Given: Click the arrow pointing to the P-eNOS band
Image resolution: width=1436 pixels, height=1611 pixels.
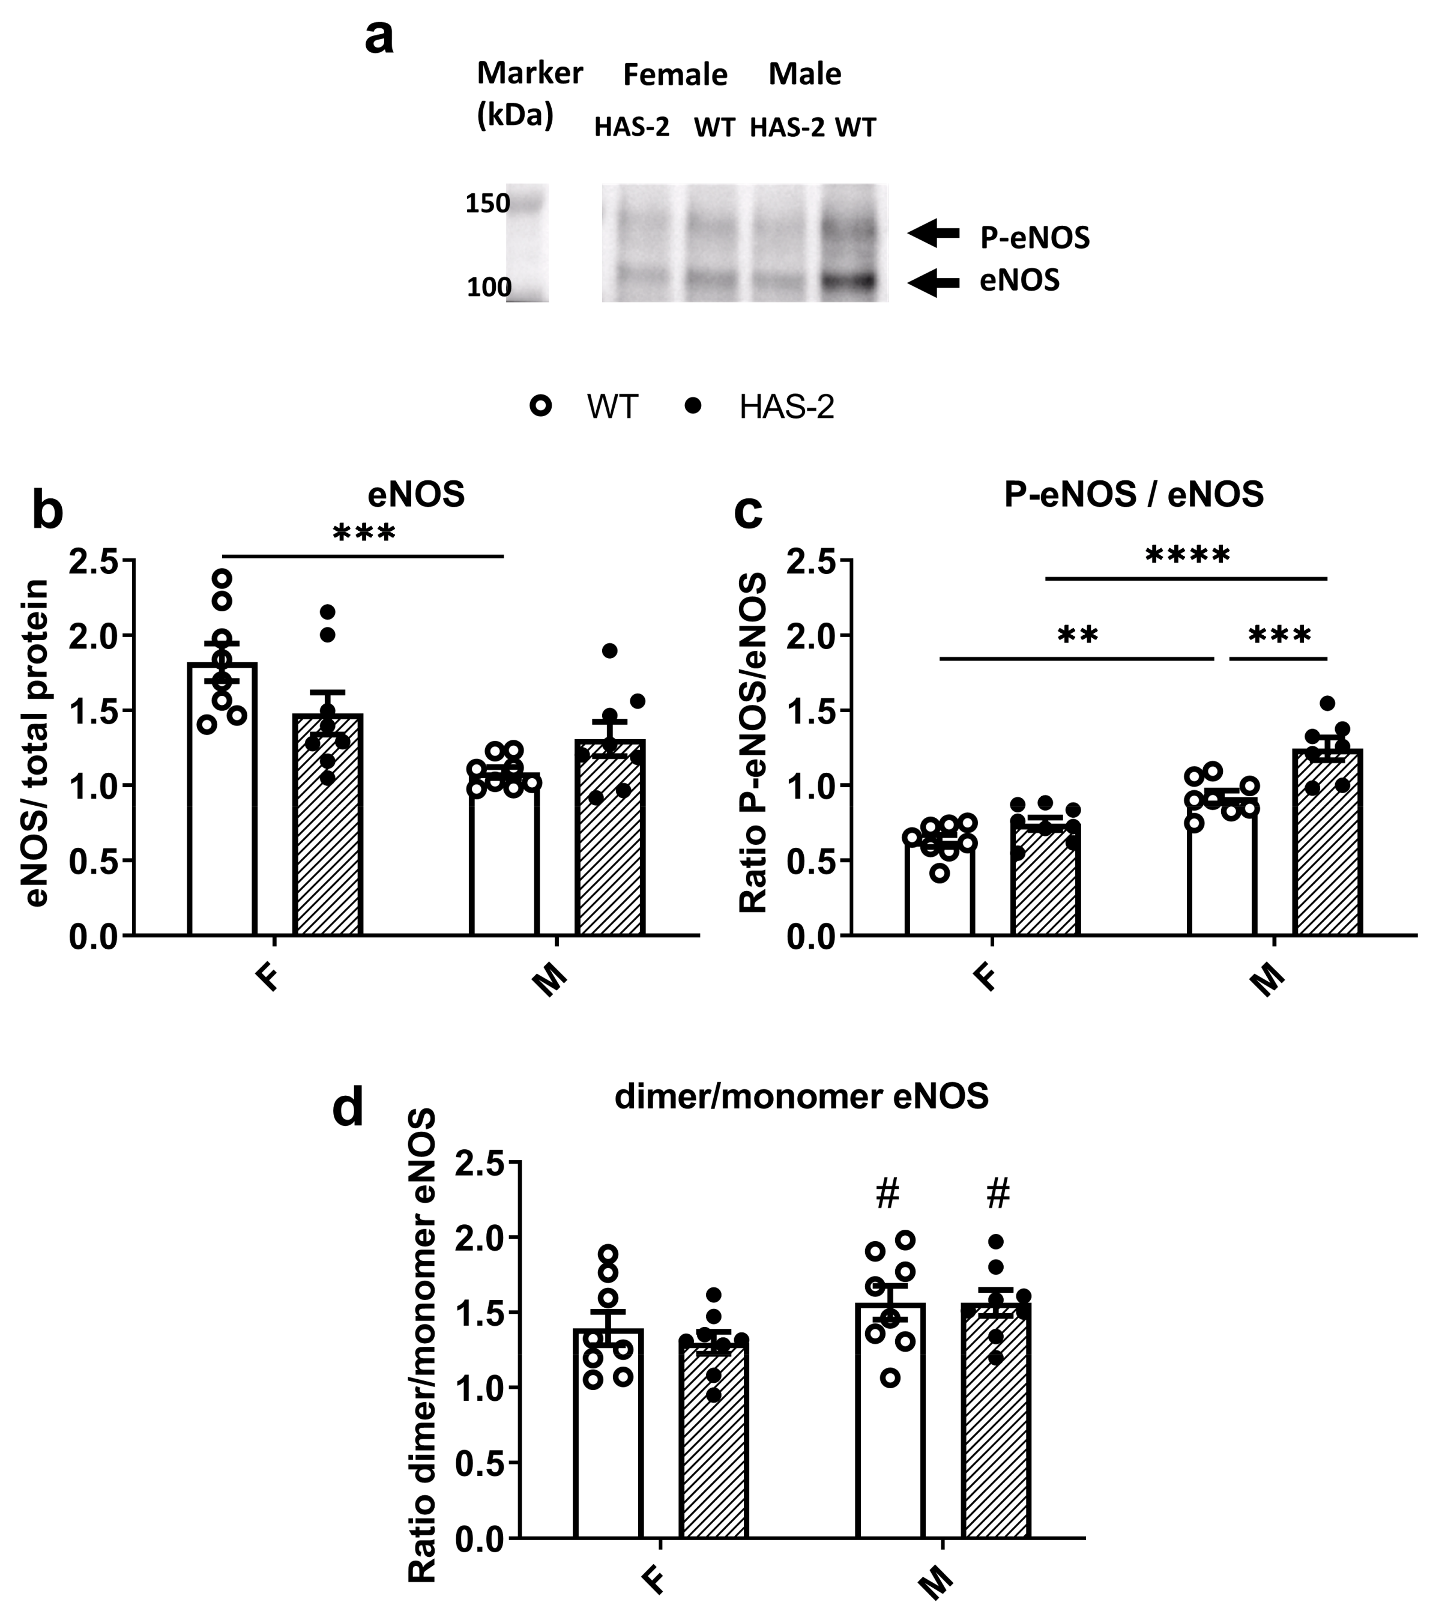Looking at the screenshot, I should [x=934, y=233].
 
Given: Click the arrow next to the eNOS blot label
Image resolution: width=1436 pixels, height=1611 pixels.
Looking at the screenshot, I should [x=934, y=282].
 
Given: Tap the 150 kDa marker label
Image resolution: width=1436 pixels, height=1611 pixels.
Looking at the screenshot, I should [x=487, y=204].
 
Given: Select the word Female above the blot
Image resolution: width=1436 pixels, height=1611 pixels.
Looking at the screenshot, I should [x=675, y=75].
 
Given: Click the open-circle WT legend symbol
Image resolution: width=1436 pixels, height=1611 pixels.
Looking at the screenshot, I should [x=542, y=406].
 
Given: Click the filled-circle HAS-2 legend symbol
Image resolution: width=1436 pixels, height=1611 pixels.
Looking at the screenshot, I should [x=693, y=406].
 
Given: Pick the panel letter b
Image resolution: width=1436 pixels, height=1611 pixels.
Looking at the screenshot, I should [x=47, y=511].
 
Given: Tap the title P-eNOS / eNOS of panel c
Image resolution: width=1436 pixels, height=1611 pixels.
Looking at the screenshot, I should [x=1134, y=495].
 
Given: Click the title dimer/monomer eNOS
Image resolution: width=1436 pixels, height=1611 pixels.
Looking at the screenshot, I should [x=801, y=1097].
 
